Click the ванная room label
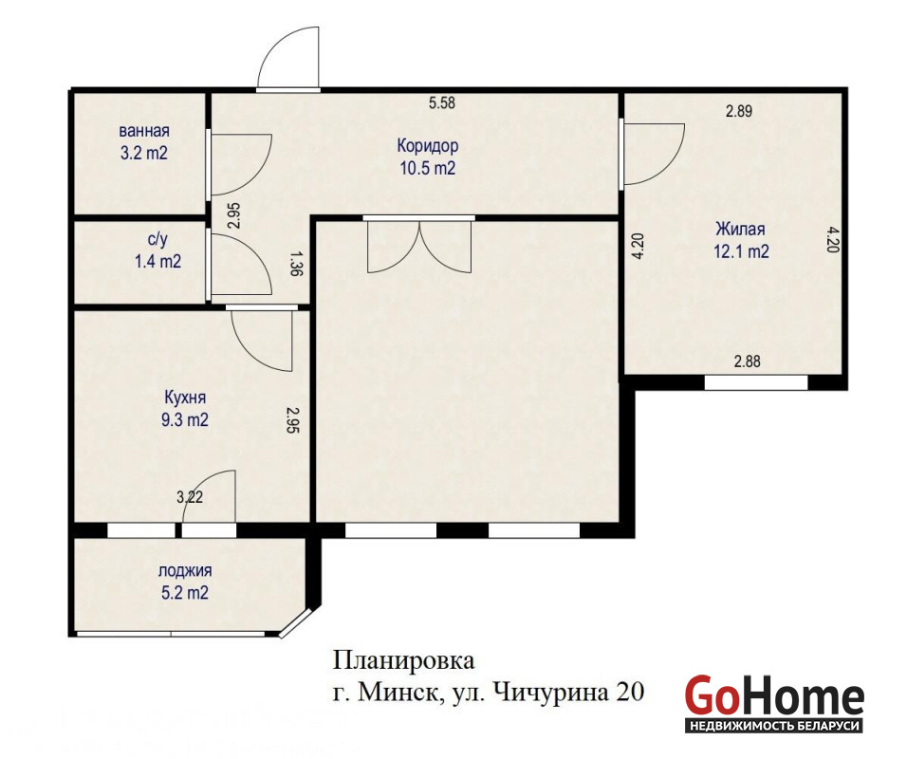pos(144,131)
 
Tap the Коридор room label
pos(428,145)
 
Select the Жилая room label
pos(740,229)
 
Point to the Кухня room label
pos(185,398)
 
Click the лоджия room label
pos(185,571)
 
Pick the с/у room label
pos(157,239)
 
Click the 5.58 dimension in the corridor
pos(442,103)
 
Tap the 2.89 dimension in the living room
pos(739,111)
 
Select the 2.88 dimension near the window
pos(748,361)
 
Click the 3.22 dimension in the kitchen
pos(190,497)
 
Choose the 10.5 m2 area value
pos(428,168)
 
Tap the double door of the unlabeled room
pos(419,247)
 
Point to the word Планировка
pos(404,660)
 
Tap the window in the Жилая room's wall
pos(755,382)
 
